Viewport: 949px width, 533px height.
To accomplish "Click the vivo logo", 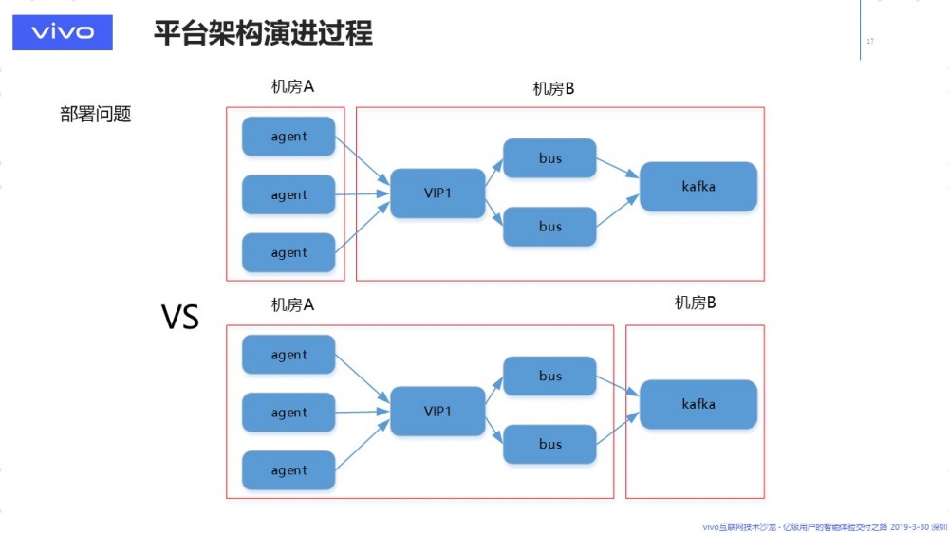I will pos(63,32).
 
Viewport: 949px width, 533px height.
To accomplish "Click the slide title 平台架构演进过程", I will pos(263,33).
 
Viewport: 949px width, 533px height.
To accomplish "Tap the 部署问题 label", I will pos(95,115).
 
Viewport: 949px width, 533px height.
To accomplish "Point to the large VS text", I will pos(179,317).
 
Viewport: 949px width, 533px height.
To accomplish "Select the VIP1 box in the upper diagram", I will pos(437,193).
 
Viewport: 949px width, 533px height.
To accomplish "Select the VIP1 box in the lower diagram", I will pos(437,412).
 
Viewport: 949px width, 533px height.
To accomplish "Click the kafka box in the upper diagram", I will pos(698,187).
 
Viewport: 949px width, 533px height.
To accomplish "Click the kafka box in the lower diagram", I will pos(698,404).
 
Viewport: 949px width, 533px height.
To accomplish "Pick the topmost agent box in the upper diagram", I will pos(288,137).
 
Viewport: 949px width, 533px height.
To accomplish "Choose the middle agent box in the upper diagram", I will pos(288,194).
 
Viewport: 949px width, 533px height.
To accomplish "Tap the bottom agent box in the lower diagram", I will pos(288,470).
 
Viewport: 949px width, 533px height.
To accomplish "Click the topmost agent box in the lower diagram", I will pos(288,355).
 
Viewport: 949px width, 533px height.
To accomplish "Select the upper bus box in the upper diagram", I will pos(550,158).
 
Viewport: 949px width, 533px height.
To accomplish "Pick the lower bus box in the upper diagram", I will pos(550,227).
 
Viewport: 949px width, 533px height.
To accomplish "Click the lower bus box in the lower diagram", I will pos(550,444).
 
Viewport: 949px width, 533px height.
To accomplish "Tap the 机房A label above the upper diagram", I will pos(292,87).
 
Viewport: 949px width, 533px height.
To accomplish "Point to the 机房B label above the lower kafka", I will pos(695,303).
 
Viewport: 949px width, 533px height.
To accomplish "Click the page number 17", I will pos(870,41).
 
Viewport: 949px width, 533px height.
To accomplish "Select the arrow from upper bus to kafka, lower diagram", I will pos(618,386).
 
